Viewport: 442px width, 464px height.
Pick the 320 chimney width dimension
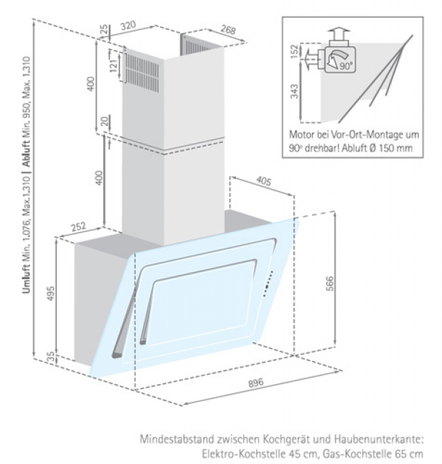click(x=129, y=25)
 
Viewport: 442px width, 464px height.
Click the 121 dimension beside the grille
click(x=112, y=67)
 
